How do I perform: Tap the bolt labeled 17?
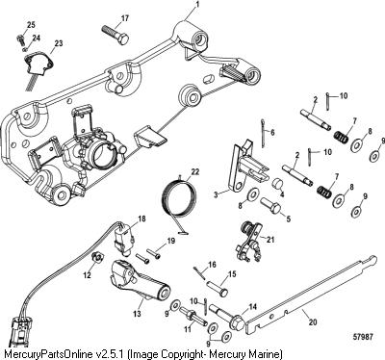115,34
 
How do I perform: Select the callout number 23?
59,43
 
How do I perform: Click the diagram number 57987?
362,337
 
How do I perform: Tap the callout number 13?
138,314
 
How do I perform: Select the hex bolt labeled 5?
270,205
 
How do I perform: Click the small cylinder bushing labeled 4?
278,184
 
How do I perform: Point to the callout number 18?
141,219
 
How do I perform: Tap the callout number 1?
198,5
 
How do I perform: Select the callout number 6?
272,132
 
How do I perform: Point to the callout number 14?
253,306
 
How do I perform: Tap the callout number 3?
216,194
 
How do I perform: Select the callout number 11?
187,328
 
